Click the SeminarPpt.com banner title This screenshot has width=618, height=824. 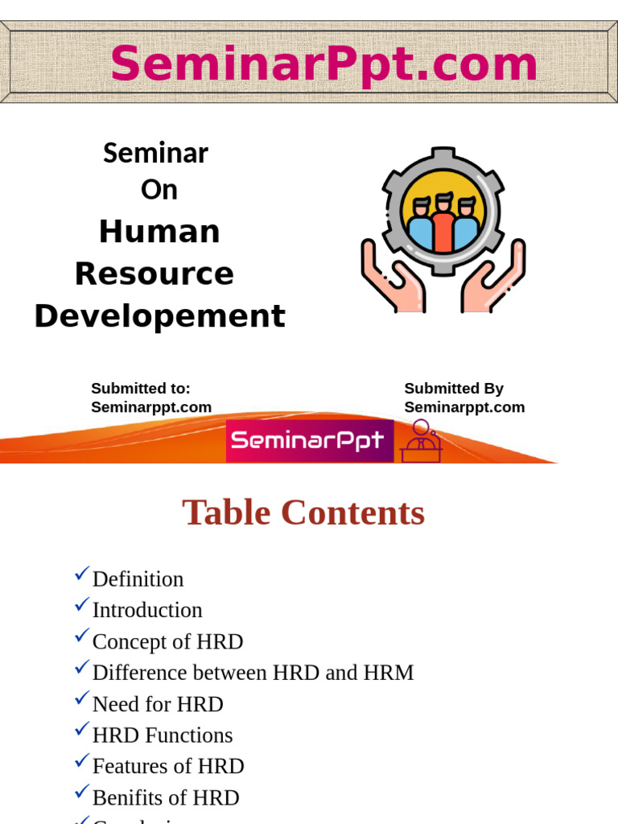pos(323,64)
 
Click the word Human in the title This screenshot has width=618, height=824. pos(159,232)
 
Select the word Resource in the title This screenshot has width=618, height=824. pos(154,274)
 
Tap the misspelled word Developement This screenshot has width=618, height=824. pos(159,316)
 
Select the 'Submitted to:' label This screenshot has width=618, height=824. pos(141,389)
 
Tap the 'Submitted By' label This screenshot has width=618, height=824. pos(454,389)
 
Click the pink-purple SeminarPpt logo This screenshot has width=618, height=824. pos(310,440)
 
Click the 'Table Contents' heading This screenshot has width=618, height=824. pos(303,513)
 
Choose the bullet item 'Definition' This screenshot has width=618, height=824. pos(138,579)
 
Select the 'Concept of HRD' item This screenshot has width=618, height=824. pos(167,642)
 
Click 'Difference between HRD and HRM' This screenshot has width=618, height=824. pos(253,673)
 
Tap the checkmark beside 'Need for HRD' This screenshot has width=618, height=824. pos(82,698)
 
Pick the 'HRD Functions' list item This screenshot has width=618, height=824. pos(163,735)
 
